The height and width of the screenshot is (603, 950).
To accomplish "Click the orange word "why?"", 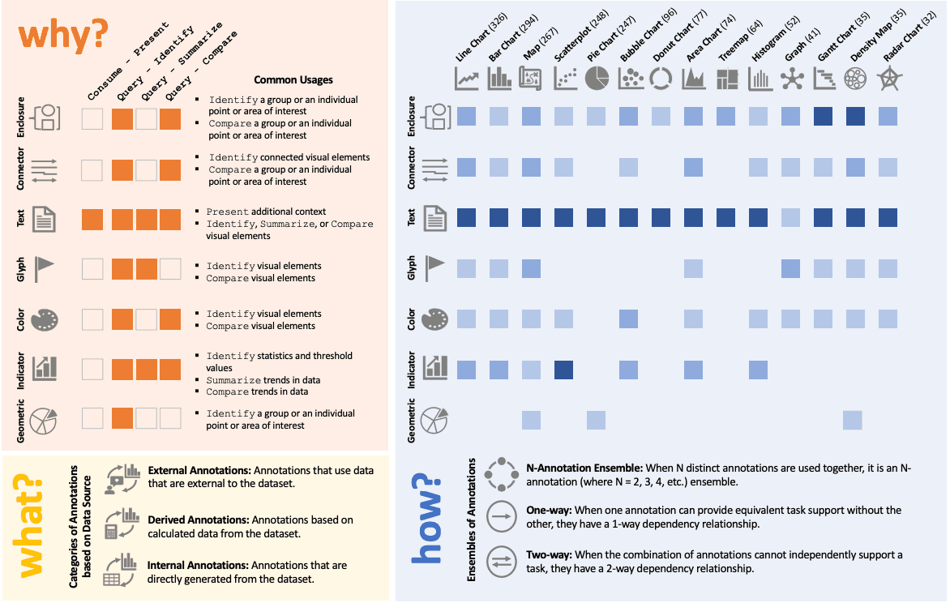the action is pos(63,35).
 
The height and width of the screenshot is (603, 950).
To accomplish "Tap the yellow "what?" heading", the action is pos(29,526).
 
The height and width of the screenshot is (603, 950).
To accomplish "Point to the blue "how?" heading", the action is pos(426,517).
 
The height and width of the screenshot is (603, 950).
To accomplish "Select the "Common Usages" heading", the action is pos(293,79).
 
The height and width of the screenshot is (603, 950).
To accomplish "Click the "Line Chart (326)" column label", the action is pos(481,37).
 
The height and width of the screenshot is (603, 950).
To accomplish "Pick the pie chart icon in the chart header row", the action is pos(597,78).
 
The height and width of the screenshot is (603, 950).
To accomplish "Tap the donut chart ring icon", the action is pos(661,78).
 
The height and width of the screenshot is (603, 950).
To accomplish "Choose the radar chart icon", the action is pos(889,78).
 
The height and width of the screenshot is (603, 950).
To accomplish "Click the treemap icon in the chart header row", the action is pos(727,79).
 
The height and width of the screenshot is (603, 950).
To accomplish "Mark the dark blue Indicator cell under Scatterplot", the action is pos(563,370).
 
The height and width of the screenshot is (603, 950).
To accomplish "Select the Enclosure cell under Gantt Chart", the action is pos(823,117).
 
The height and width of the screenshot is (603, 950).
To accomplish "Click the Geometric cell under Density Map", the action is pos(853,420).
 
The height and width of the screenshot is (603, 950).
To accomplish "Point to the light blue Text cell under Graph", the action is pos(790,217).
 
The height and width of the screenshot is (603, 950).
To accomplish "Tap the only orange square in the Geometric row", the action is pos(122,418).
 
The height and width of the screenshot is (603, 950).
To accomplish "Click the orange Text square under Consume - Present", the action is pos(92,220).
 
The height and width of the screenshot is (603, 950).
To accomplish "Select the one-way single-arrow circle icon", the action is pos(502,517).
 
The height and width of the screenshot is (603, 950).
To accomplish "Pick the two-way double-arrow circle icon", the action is pos(502,561).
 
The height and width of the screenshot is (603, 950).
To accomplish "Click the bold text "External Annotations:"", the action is pos(199,470).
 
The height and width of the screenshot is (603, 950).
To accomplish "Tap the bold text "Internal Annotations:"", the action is pos(198,566).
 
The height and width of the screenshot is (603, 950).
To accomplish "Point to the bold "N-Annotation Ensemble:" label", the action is pos(584,468).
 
